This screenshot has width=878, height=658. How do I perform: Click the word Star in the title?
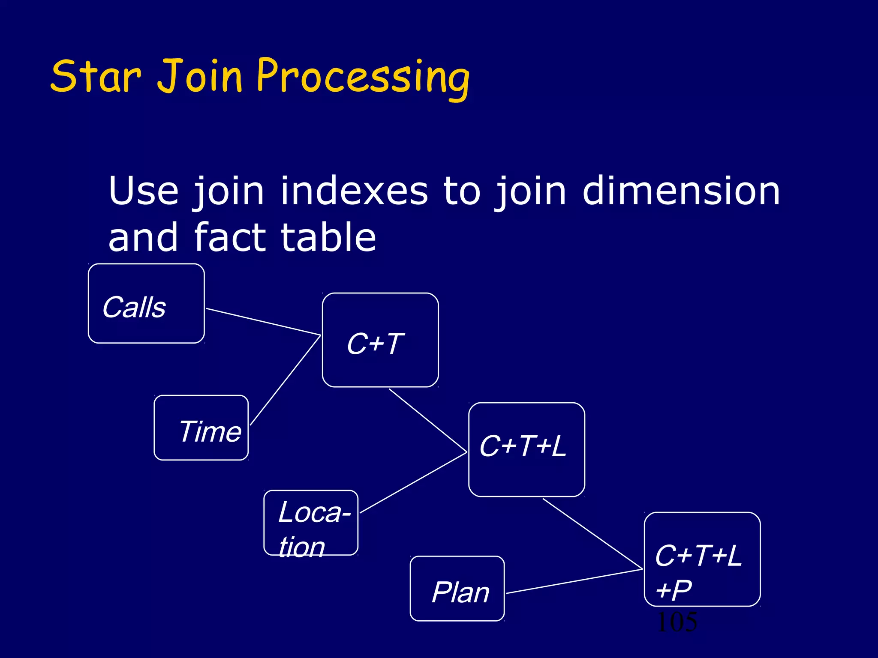(x=95, y=77)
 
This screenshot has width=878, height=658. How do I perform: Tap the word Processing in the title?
(x=363, y=78)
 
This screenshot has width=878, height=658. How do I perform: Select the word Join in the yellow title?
(x=200, y=77)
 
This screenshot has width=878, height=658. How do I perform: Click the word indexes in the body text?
(x=354, y=191)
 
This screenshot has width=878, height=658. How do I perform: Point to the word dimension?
(x=681, y=191)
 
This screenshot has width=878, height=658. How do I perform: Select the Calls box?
(x=146, y=303)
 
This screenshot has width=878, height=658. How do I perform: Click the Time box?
(x=201, y=428)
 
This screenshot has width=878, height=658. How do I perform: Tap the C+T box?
(x=380, y=340)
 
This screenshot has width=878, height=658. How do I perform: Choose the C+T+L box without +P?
(x=526, y=449)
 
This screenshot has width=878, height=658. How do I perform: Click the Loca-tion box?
(x=311, y=523)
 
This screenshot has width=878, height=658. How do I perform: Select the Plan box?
(x=457, y=589)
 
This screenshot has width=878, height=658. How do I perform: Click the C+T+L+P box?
(x=702, y=559)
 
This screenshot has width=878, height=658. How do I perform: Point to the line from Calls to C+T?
(x=263, y=322)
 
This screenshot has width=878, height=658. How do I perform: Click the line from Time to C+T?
(x=286, y=380)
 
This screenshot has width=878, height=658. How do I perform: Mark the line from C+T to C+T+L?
(x=428, y=420)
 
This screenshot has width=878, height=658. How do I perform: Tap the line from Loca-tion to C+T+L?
(x=413, y=482)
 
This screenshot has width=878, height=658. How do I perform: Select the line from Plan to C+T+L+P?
(x=574, y=581)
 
